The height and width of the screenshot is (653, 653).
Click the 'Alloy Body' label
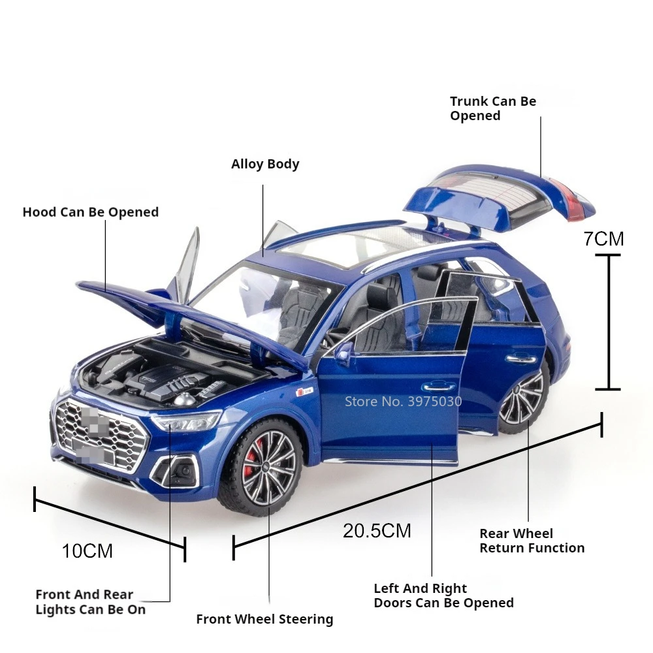[265, 164]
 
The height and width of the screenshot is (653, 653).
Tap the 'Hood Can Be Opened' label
[90, 212]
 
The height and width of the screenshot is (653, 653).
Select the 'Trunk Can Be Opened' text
[492, 108]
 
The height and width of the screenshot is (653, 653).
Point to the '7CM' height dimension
[603, 239]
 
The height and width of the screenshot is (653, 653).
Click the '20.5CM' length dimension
[377, 530]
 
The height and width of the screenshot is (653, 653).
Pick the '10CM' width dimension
[88, 551]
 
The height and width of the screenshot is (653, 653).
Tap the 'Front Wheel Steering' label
[264, 619]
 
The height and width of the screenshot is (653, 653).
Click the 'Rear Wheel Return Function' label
[532, 541]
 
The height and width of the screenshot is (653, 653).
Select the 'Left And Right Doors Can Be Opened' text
[443, 596]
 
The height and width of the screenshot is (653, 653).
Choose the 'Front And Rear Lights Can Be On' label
[90, 602]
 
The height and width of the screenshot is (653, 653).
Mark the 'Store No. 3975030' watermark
[403, 401]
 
